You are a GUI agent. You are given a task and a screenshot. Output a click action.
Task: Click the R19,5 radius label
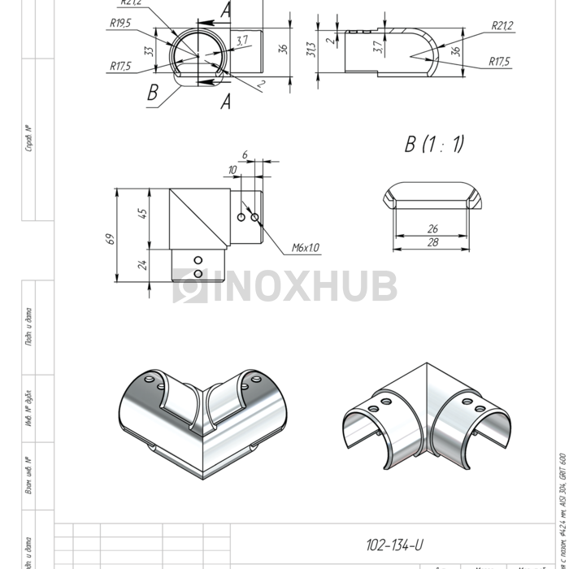coord(119,24)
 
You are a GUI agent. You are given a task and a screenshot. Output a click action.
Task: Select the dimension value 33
coord(149,50)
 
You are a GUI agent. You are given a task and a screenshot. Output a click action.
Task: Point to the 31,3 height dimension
coord(310,50)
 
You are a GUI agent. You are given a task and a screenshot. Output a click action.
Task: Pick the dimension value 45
coord(143,214)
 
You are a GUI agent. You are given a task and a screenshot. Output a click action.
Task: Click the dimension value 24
coord(143,265)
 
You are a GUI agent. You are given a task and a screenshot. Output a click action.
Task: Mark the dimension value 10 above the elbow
coord(232,169)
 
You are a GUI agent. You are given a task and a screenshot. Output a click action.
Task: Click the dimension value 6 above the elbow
coord(244,154)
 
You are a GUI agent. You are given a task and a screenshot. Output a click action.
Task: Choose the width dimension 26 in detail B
coord(432,229)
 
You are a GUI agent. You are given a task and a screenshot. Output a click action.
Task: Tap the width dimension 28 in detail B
coord(432,243)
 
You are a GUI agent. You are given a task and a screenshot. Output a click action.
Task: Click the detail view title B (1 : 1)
coord(434,145)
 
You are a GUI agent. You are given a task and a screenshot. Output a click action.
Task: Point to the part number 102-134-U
coord(394,545)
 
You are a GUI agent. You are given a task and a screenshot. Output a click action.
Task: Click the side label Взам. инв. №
coord(29,476)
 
